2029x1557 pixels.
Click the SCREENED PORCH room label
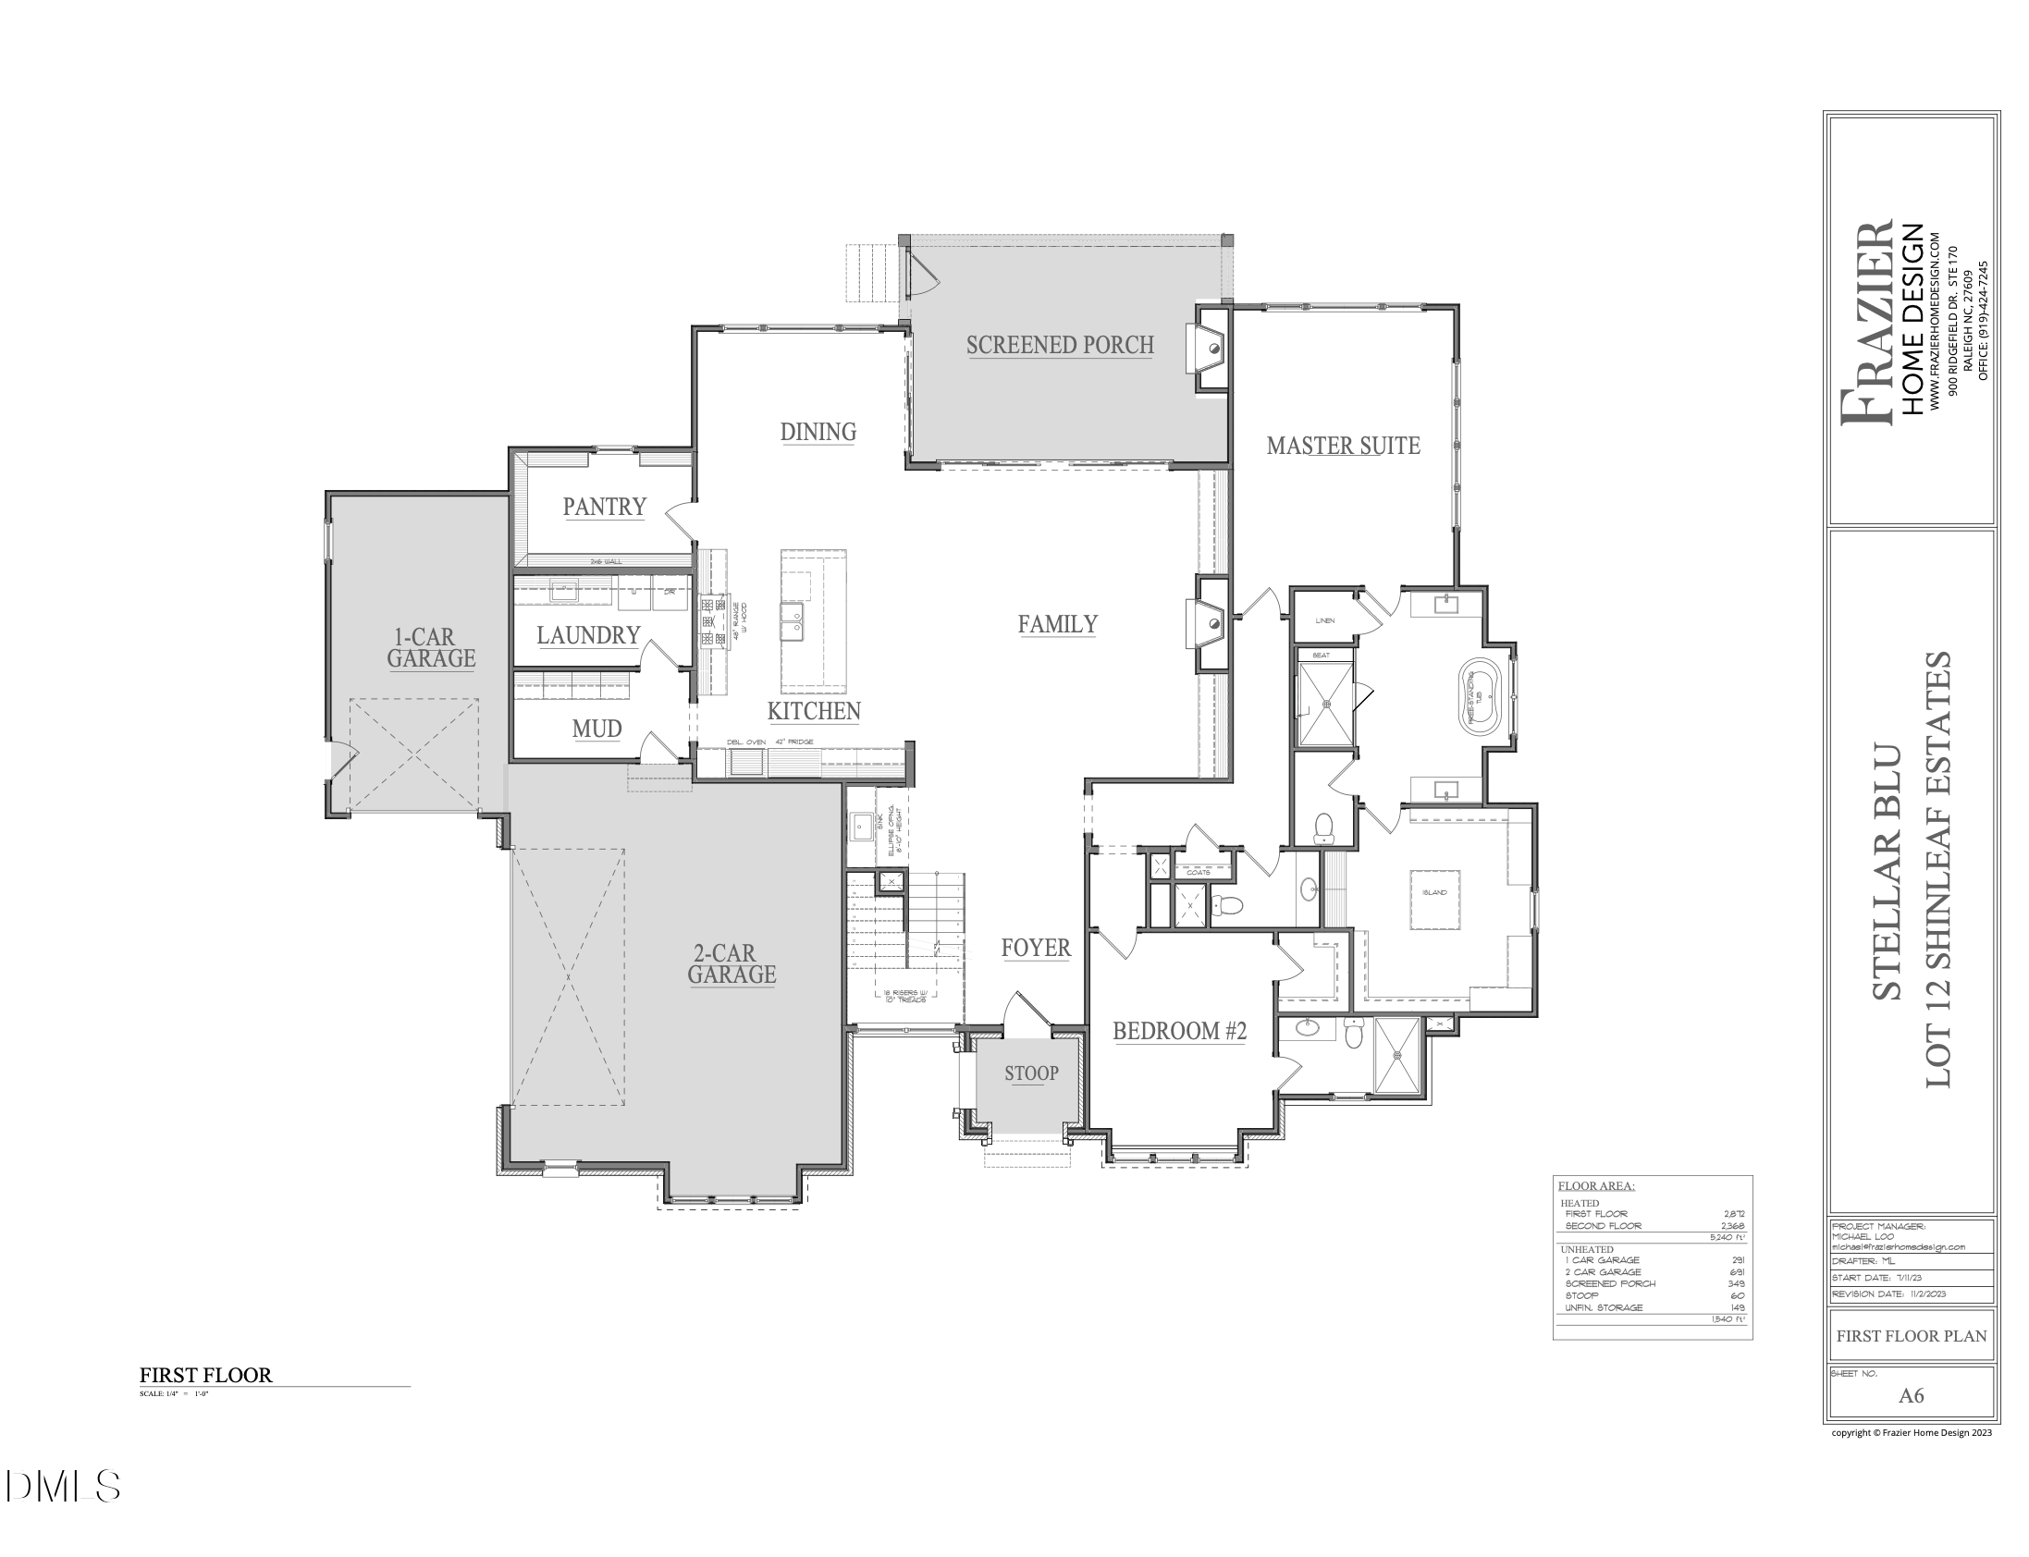tap(1060, 345)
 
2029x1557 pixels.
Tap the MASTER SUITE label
tap(1342, 446)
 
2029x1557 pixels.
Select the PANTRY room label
tap(603, 506)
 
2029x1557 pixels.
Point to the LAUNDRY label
tap(587, 635)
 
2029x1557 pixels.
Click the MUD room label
tap(596, 729)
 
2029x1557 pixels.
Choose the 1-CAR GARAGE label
tap(431, 648)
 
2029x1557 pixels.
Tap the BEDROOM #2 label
tap(1179, 1031)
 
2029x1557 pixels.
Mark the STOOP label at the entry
tap(1031, 1073)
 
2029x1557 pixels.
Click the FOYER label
tap(1036, 947)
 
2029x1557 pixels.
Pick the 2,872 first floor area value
tap(1732, 1213)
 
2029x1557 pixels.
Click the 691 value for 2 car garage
tap(1737, 1271)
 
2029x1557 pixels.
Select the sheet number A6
tap(1911, 1395)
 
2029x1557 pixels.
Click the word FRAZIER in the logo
tap(1869, 324)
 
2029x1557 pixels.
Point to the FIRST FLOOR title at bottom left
tap(206, 1375)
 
